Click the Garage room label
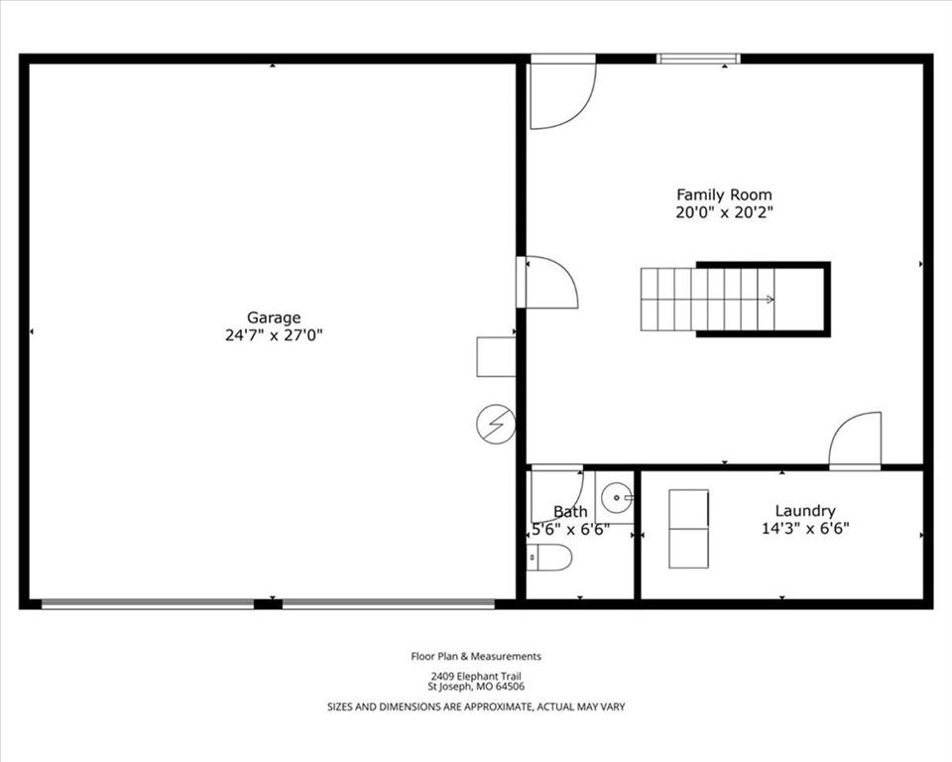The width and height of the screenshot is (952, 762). (x=274, y=317)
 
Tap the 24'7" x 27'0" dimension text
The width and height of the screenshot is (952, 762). (x=274, y=335)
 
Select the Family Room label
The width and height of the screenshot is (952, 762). (x=724, y=195)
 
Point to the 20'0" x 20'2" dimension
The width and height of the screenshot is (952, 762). (x=724, y=212)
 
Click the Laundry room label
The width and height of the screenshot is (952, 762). (x=805, y=511)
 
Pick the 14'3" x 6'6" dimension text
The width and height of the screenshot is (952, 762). (x=805, y=529)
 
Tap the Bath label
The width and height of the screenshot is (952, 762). (x=570, y=512)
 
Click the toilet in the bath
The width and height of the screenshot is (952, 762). (x=548, y=558)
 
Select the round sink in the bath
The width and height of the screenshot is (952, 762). (x=617, y=498)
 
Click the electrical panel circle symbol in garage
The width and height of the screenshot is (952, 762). (x=496, y=424)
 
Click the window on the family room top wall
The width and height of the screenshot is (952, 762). (x=698, y=59)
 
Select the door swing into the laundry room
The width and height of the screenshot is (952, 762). (x=855, y=442)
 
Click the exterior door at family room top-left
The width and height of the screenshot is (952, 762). (x=563, y=91)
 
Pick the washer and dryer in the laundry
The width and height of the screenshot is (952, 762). (x=688, y=529)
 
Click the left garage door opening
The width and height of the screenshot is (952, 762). (x=148, y=604)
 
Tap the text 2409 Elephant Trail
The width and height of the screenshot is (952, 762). (x=476, y=677)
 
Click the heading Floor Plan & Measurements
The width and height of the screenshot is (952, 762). (x=476, y=656)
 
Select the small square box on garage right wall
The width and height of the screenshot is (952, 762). (x=496, y=357)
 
